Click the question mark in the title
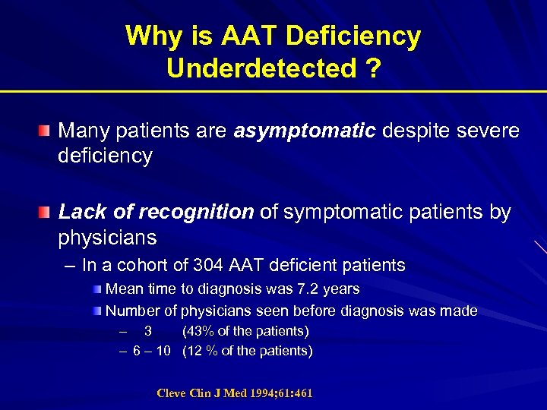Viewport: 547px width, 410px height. [x=372, y=68]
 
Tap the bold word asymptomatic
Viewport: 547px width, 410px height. [x=305, y=131]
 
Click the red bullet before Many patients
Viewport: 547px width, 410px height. [x=47, y=131]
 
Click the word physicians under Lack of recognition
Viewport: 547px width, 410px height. [x=107, y=238]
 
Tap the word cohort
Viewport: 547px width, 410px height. [x=170, y=266]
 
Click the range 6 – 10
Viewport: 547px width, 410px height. [x=152, y=351]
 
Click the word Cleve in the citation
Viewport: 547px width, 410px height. [x=171, y=393]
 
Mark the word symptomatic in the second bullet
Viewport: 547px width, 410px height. [x=331, y=213]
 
